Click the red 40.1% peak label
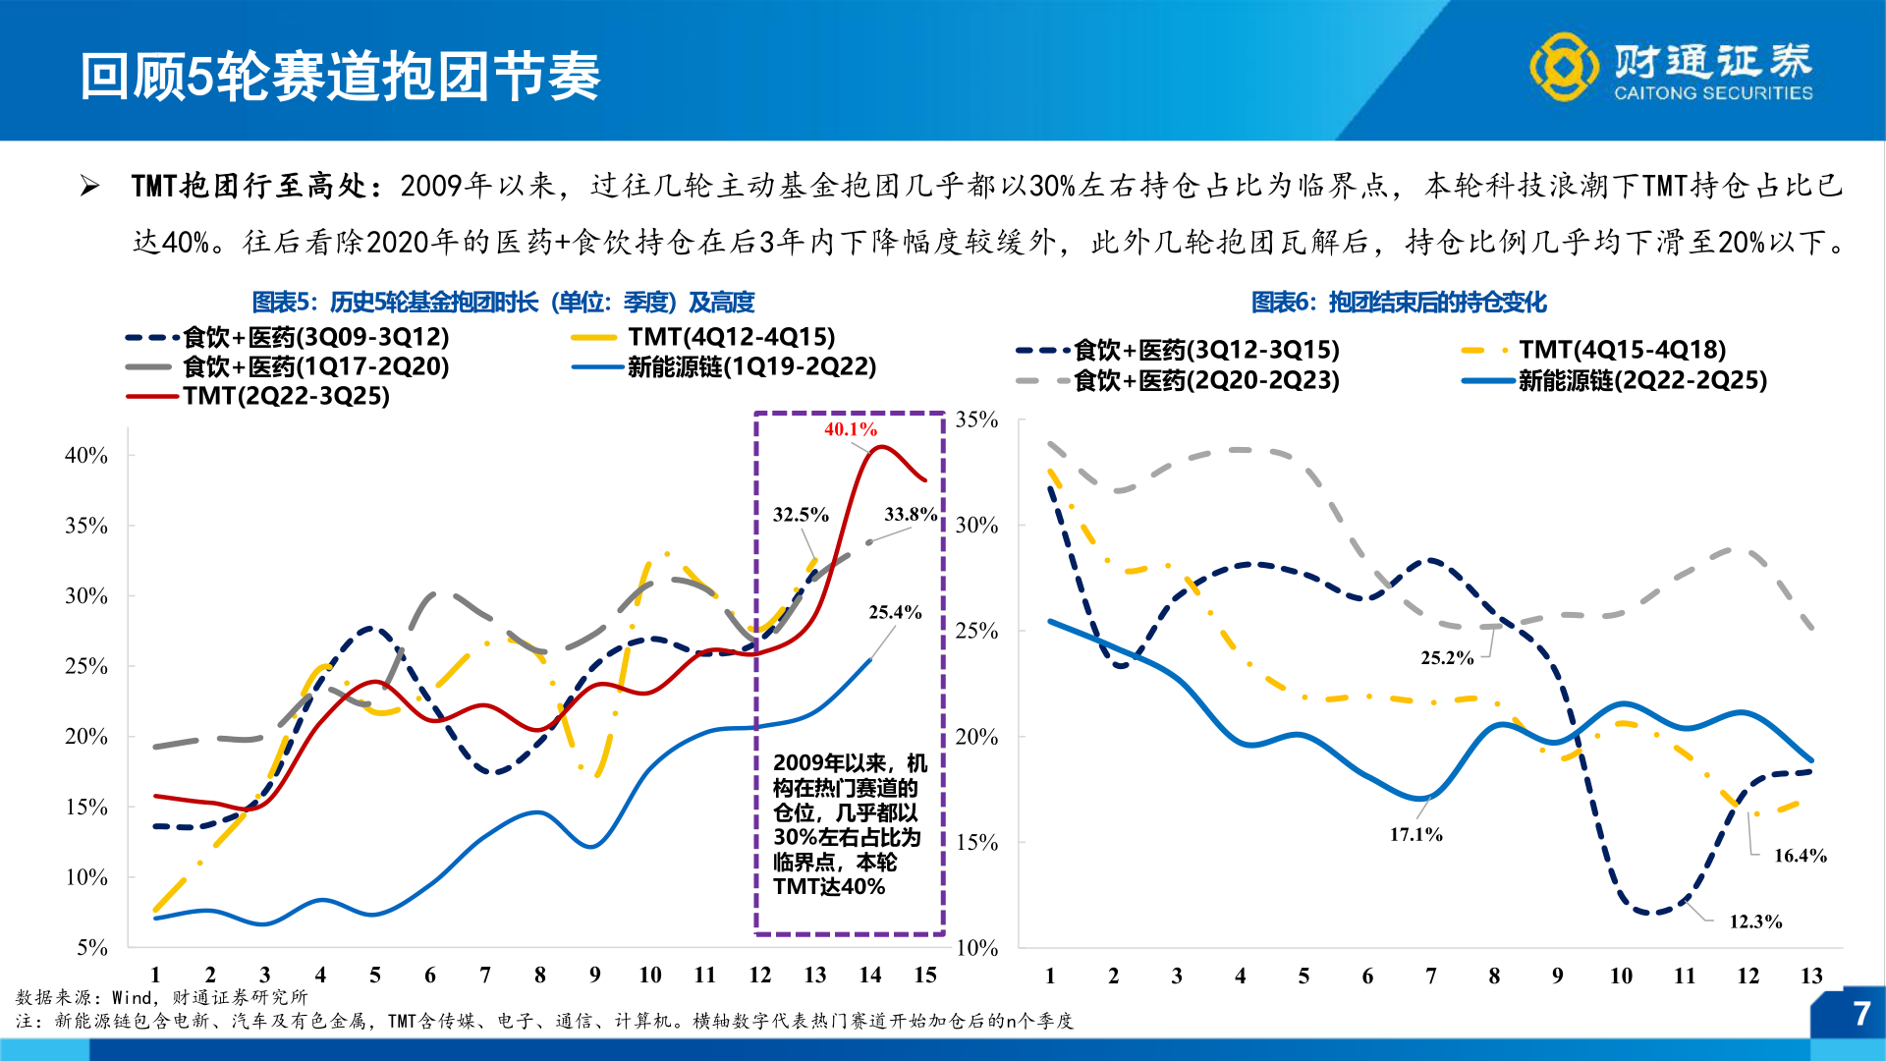click(850, 429)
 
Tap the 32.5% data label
click(800, 515)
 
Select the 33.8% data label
click(910, 515)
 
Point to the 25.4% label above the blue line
click(894, 613)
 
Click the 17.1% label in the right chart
click(1415, 835)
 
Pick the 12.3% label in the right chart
click(1754, 922)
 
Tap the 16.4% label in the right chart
click(1800, 857)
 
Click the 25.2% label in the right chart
click(1446, 658)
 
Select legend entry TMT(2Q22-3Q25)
click(285, 396)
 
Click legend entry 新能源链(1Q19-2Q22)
click(751, 366)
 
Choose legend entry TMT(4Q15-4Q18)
click(1622, 350)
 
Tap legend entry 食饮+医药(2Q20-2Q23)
click(1206, 380)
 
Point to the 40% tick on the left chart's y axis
click(86, 456)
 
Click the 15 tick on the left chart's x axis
click(924, 976)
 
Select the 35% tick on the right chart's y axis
click(976, 420)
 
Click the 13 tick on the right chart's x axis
click(1810, 977)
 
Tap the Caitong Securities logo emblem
click(1563, 67)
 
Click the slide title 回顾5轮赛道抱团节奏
click(340, 77)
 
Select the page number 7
click(1859, 1014)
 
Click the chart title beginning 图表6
click(1398, 303)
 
